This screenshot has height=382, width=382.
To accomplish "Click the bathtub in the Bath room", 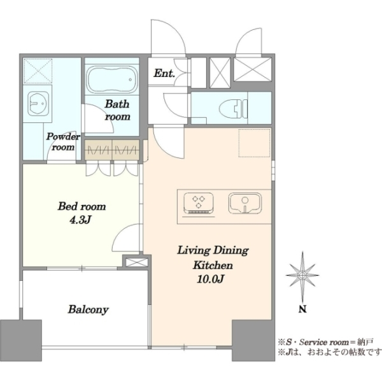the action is pos(112,80).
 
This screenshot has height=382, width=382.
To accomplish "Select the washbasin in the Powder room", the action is pos(38,104).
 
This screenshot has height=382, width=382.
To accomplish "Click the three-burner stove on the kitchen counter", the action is pos(199,204).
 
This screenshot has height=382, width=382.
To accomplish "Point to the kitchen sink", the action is pos(245,203).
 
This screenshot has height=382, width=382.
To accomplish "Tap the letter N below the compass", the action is pos(302,309).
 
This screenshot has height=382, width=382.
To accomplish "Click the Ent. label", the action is pos(164,73).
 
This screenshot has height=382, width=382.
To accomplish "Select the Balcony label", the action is pos(88,309).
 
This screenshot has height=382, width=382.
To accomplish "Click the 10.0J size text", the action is pos(211,279).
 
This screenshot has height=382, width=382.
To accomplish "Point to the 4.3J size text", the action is pos(80,220).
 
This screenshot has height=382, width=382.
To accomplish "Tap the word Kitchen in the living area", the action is pos(213,265).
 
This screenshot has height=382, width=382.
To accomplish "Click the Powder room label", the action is pos(63,142).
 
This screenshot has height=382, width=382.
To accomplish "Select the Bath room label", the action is pos(117,110).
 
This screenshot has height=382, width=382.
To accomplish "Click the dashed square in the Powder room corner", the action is pos(38,71).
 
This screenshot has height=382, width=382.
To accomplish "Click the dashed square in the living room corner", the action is pos(254,143).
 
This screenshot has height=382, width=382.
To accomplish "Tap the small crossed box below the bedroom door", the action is pos(137,262).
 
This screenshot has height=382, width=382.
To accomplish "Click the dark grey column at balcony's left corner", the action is pos(21,341).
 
